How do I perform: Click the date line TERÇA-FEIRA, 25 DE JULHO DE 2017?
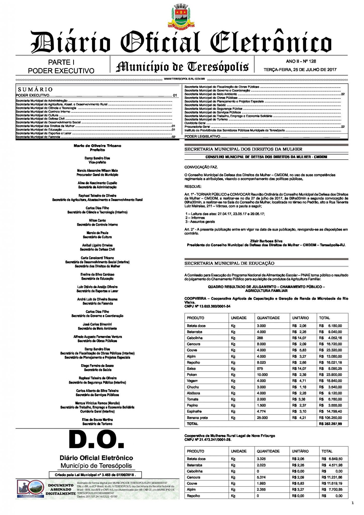coord(300,70)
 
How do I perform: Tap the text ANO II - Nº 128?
coord(301,61)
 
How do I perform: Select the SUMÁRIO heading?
coord(35,90)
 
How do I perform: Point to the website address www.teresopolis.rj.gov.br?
coord(184,79)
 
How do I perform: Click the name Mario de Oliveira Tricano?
coord(97,146)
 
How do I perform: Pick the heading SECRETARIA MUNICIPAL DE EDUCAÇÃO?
coord(229,263)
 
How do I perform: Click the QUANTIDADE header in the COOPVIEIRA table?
coord(268,318)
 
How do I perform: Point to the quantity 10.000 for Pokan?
coord(262,375)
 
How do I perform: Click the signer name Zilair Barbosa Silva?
coord(266,241)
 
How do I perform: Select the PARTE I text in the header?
coord(61,62)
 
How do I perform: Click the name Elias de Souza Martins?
coord(97,420)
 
